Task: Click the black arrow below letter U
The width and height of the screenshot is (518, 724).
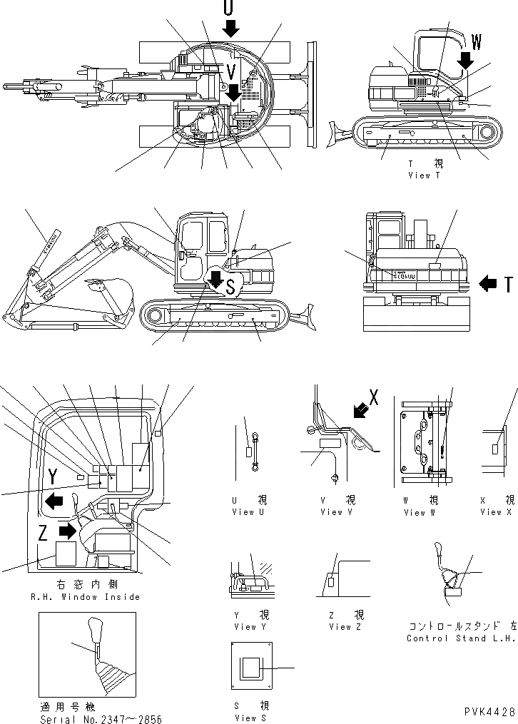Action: coord(230,29)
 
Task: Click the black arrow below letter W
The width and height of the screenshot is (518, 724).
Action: coord(465,61)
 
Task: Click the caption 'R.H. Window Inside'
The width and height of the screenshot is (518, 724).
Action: coord(85,597)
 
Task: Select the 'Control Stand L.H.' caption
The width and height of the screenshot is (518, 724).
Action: coord(460,638)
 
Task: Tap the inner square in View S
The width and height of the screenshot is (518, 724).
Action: coord(252,668)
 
